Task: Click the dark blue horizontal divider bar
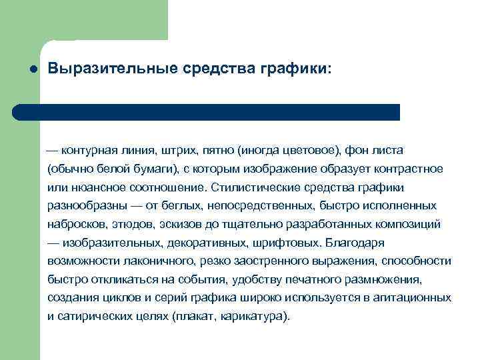point(207,112)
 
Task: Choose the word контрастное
point(412,169)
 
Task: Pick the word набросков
point(75,224)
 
